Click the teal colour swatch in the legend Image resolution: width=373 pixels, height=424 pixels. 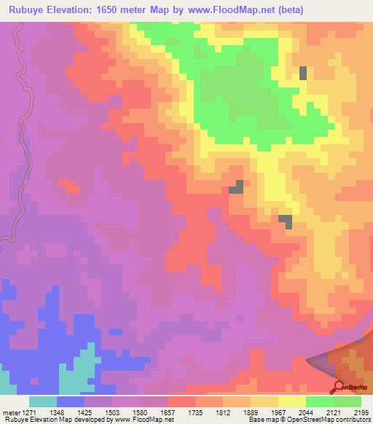point(43,401)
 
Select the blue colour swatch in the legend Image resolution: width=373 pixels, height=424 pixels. point(71,401)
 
